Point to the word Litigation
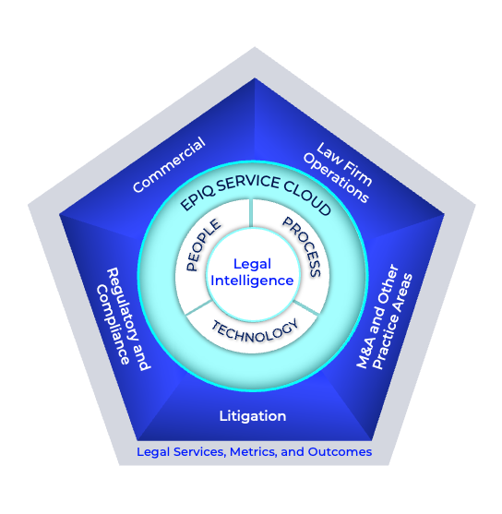pos(252,415)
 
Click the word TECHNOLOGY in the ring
pos(255,329)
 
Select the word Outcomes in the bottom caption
pos(340,452)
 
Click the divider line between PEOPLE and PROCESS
pos(251,213)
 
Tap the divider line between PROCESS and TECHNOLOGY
pos(306,308)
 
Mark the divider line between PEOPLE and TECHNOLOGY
pos(197,309)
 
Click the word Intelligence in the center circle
pos(251,281)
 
